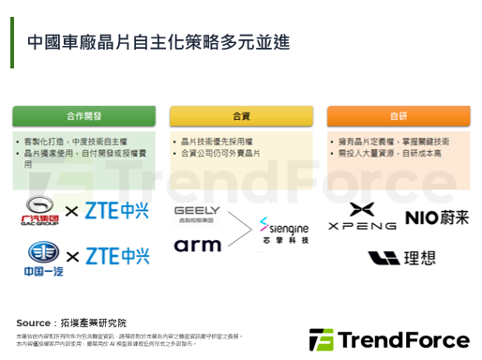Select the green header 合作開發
tap(85, 117)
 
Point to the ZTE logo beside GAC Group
tap(118, 210)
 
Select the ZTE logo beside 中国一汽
tap(118, 256)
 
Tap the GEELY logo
tap(197, 212)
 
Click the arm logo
tap(197, 245)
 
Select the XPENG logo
tap(361, 217)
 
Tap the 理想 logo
tap(399, 258)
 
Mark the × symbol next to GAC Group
tap(72, 211)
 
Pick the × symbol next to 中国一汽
tap(72, 256)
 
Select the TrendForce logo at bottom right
tap(389, 338)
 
